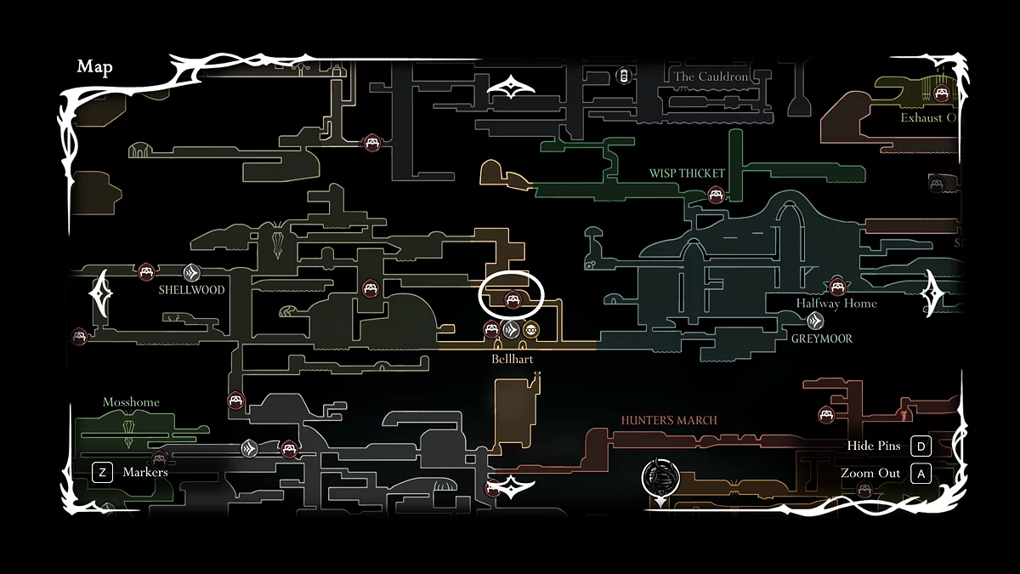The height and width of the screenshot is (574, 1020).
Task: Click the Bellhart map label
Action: (x=512, y=359)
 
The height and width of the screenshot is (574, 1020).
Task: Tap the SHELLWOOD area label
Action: (x=192, y=290)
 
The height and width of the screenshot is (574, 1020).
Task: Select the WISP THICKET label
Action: (x=687, y=173)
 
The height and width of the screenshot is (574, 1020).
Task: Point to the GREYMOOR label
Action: (x=821, y=338)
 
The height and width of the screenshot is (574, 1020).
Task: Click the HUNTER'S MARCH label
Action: (x=669, y=420)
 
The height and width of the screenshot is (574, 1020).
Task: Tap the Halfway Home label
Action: (x=836, y=304)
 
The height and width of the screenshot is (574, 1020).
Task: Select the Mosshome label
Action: (x=131, y=402)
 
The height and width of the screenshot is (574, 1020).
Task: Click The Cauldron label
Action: (x=711, y=77)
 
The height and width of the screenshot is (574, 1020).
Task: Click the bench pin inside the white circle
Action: (x=513, y=298)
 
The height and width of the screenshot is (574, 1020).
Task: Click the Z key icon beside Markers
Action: (x=102, y=472)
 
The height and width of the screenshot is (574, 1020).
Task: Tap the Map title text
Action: (x=94, y=67)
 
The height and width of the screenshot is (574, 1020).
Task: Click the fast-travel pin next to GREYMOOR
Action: (x=815, y=321)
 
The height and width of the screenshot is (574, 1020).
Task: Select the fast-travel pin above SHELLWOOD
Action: (x=192, y=273)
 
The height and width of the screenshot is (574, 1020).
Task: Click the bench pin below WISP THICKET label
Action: (x=717, y=195)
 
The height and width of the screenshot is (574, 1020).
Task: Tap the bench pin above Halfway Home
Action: (x=838, y=287)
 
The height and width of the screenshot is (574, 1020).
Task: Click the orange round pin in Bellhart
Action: (x=530, y=330)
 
